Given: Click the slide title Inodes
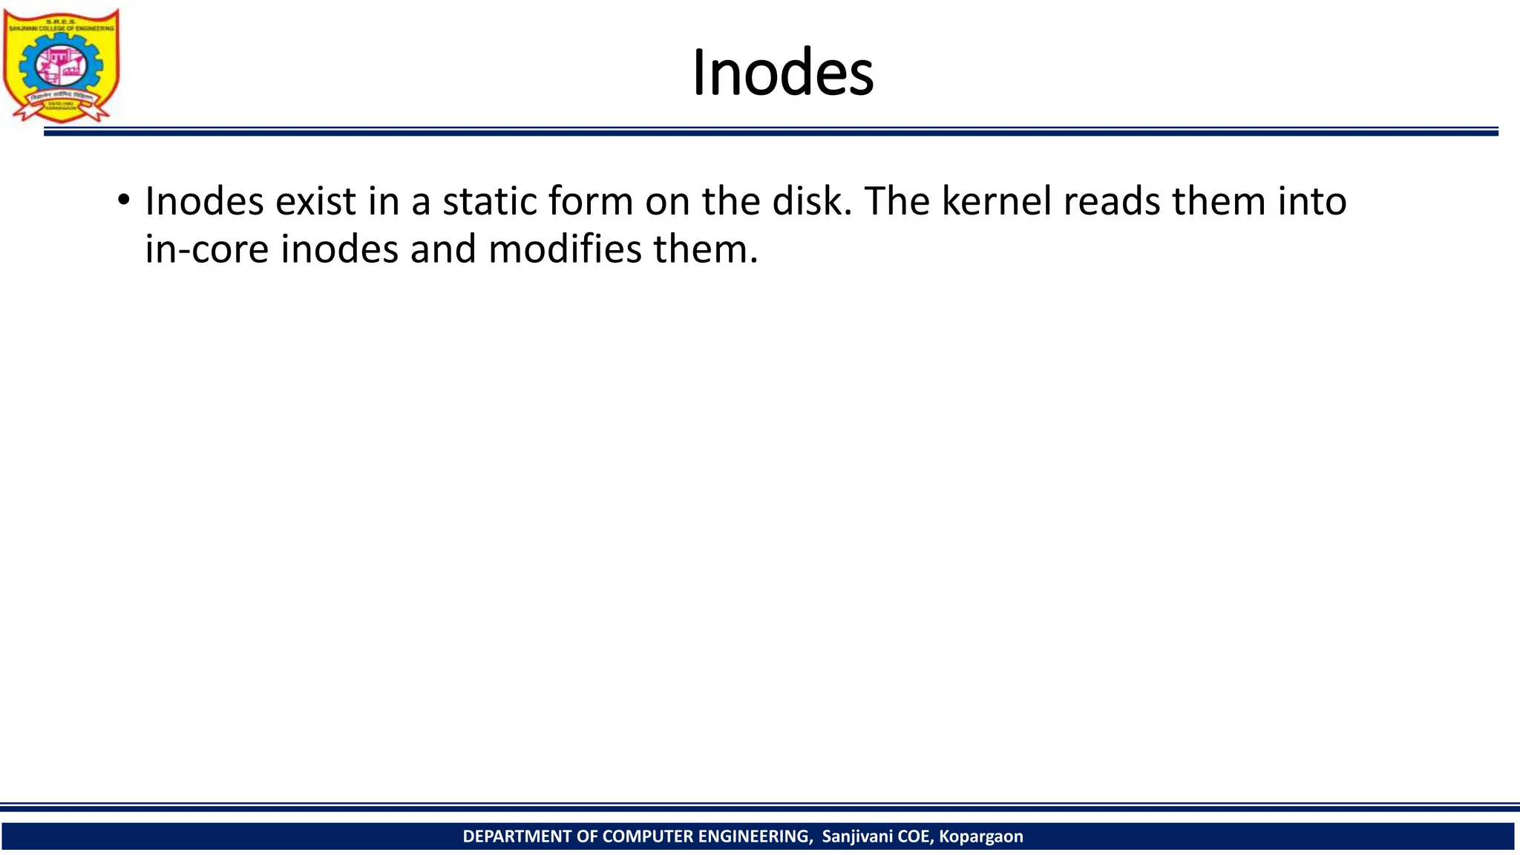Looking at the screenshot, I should pyautogui.click(x=782, y=73).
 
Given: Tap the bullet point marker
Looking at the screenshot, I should pyautogui.click(x=123, y=200).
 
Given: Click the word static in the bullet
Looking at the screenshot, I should pyautogui.click(x=488, y=201).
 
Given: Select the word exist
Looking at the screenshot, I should pyautogui.click(x=316, y=201).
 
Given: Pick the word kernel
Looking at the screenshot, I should pyautogui.click(x=996, y=201).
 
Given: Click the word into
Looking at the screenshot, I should pyautogui.click(x=1311, y=201).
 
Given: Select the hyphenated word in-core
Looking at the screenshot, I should pyautogui.click(x=206, y=249).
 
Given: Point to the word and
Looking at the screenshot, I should pyautogui.click(x=443, y=249).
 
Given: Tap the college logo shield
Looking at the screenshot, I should pyautogui.click(x=61, y=65).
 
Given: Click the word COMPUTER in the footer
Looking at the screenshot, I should pyautogui.click(x=649, y=836).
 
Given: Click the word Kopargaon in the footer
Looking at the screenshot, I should pyautogui.click(x=980, y=836).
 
